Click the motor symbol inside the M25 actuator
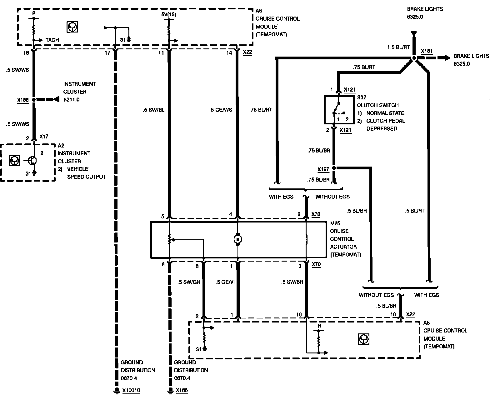click(237, 239)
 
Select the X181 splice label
click(427, 51)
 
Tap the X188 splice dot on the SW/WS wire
click(34, 100)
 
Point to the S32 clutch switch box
click(339, 110)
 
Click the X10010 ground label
click(131, 390)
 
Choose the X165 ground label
click(182, 390)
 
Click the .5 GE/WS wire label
click(221, 110)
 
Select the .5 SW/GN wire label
click(189, 282)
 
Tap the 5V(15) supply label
click(168, 15)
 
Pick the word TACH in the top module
click(52, 40)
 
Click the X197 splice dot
click(334, 168)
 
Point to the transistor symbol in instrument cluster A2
click(32, 161)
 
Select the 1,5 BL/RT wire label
click(398, 47)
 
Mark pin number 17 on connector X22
click(107, 53)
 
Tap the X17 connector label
click(44, 137)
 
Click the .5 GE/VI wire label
click(225, 282)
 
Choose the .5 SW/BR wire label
click(292, 282)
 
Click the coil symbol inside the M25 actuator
click(307, 239)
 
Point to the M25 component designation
click(335, 223)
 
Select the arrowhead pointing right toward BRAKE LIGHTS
click(447, 58)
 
